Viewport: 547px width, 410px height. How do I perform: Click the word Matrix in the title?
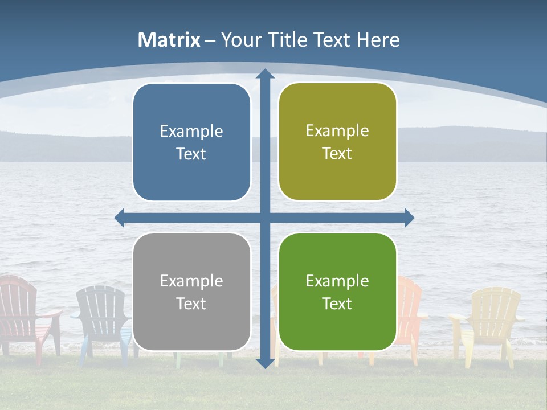(169, 40)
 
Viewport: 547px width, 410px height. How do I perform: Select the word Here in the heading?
(378, 40)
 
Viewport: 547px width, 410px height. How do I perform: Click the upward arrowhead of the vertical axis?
(264, 74)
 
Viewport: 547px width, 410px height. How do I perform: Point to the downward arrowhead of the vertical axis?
(264, 363)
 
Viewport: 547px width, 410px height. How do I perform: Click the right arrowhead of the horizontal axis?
(409, 218)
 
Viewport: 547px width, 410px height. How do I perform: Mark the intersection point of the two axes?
(264, 218)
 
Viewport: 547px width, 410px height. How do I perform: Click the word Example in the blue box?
(191, 132)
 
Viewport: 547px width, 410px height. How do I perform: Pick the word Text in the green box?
(337, 304)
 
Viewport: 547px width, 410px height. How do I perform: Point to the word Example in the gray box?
(191, 281)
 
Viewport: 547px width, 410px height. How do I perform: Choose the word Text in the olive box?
(337, 154)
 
